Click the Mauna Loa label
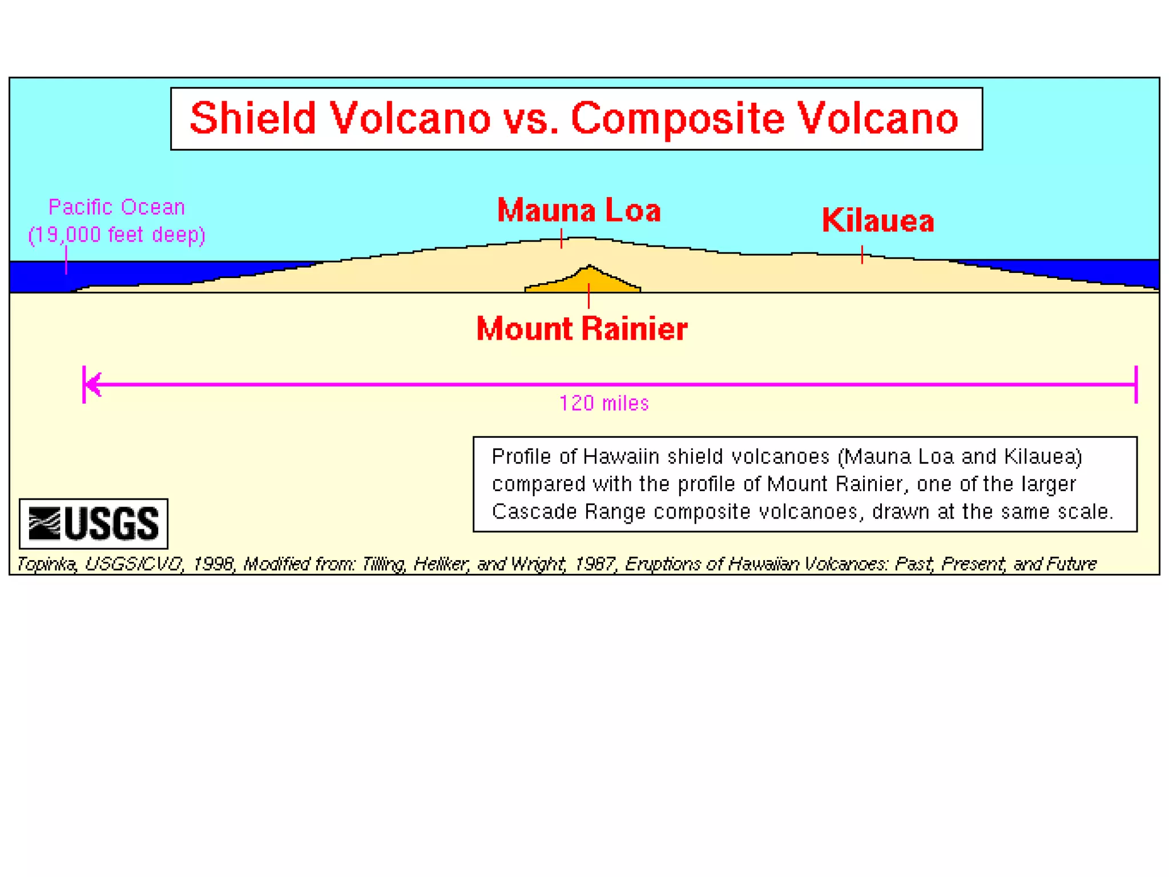(579, 211)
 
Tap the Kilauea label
(877, 221)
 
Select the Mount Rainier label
(582, 329)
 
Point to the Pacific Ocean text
(116, 207)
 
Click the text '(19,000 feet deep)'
(116, 235)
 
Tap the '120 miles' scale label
(604, 404)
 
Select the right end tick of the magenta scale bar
(1136, 384)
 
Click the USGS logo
(94, 524)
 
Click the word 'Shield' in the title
(253, 119)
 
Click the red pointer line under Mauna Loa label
(561, 238)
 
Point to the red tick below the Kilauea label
(861, 255)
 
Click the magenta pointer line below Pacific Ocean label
(66, 260)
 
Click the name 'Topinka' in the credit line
(46, 564)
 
